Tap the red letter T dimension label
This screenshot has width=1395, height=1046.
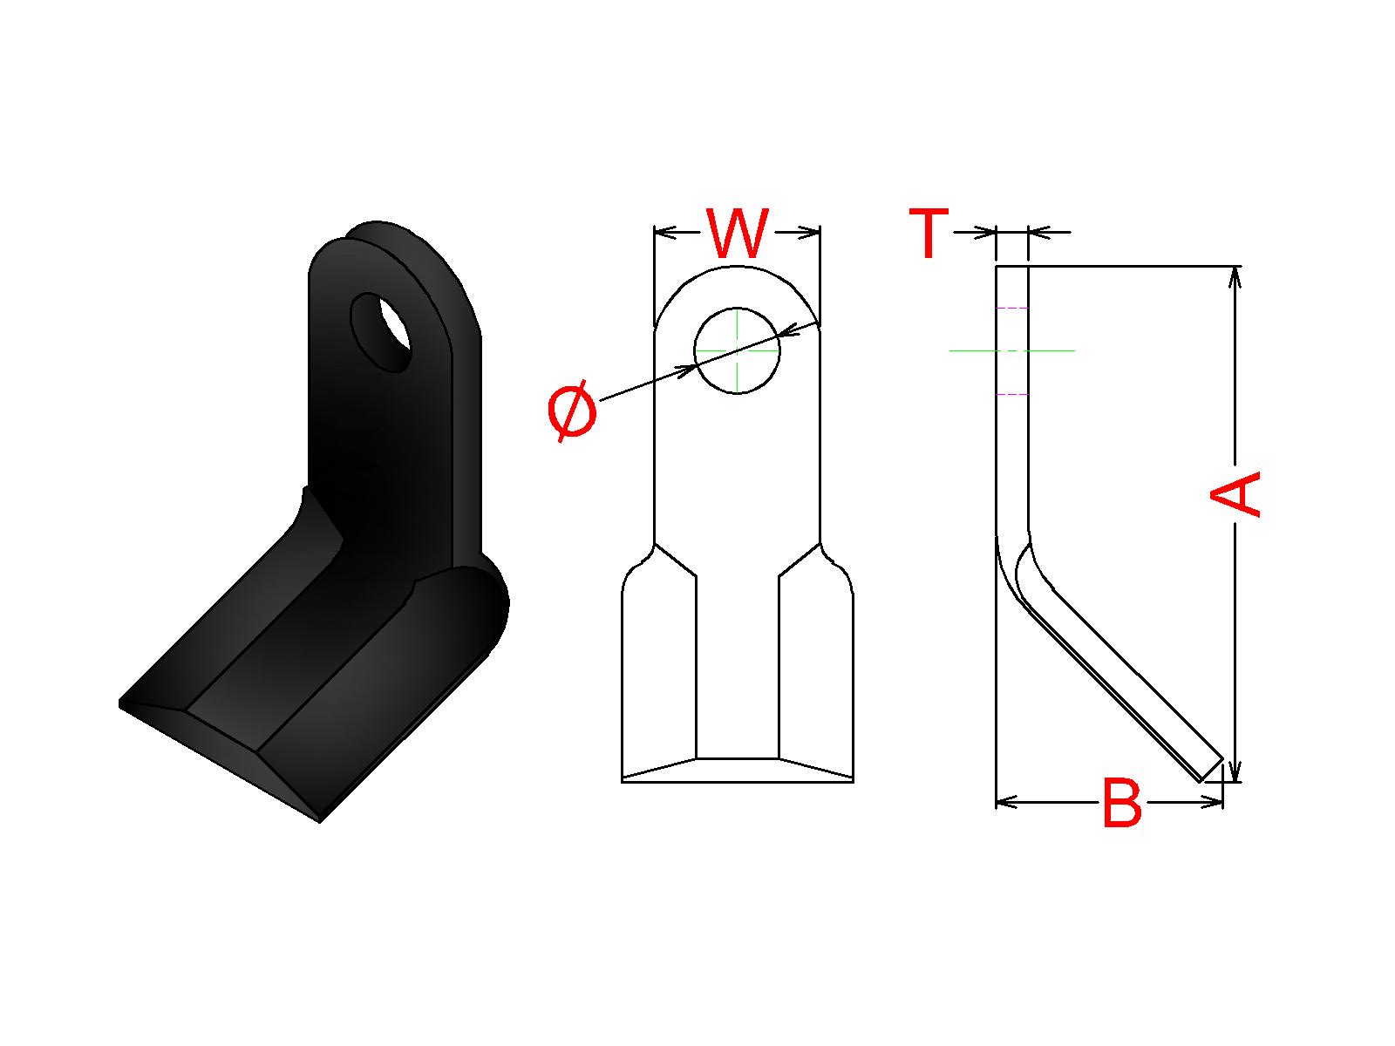929,233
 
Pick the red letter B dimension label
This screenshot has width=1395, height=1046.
1122,803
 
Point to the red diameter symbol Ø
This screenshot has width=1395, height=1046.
572,411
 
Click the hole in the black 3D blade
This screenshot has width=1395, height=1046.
382,331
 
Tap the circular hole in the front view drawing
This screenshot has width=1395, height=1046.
738,350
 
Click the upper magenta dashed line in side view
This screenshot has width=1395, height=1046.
1011,308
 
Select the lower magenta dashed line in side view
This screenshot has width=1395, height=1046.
1011,394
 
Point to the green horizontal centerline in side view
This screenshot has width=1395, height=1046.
1011,350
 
